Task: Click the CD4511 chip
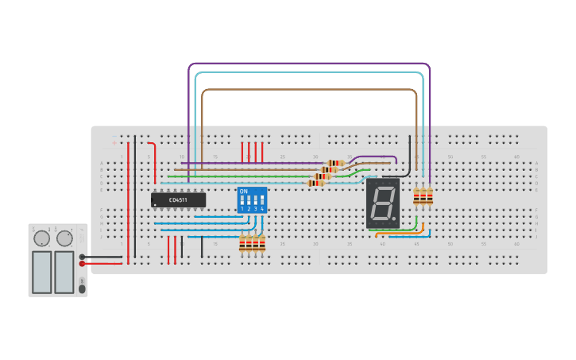tap(178, 200)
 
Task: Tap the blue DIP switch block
tap(252, 199)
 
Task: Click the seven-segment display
tap(383, 203)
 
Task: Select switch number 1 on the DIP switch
tap(242, 202)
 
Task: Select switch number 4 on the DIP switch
tap(261, 202)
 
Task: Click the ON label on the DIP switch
tap(244, 192)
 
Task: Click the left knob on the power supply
tap(42, 238)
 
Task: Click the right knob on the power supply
tap(64, 238)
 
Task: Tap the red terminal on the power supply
tap(82, 263)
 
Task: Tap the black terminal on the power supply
tap(82, 257)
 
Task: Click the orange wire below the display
tap(401, 234)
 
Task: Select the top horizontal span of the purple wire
tap(310, 64)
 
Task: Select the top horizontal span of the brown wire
tap(310, 91)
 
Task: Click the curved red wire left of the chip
tap(153, 155)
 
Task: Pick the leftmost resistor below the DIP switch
tap(242, 244)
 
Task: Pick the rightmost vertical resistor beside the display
tap(430, 196)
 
